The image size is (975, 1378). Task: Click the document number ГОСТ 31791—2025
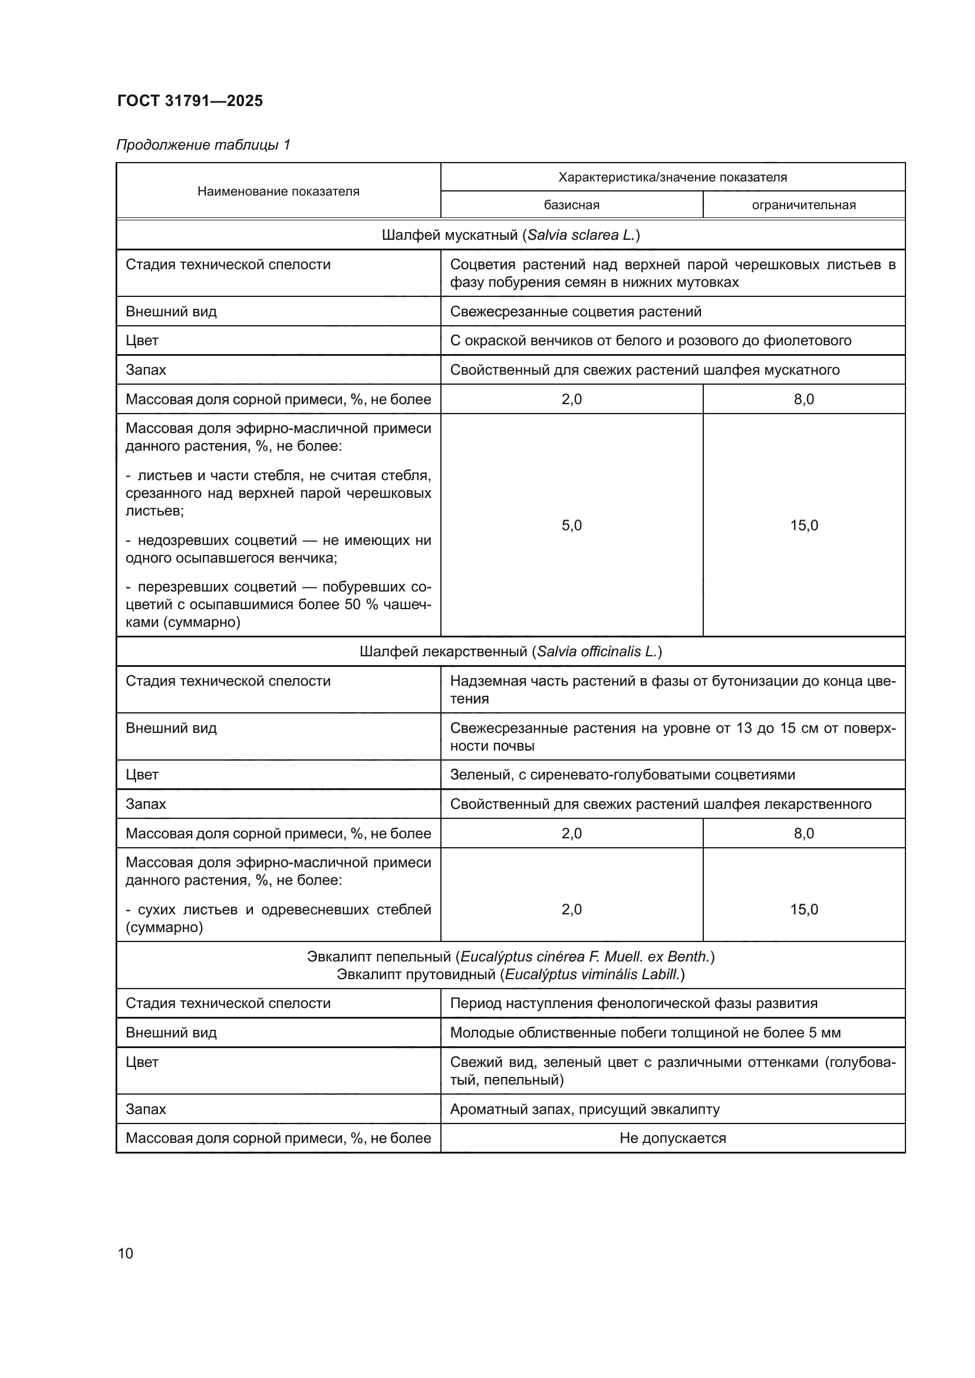coord(190,101)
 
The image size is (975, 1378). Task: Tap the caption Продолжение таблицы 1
coord(203,145)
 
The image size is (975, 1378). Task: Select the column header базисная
coord(571,205)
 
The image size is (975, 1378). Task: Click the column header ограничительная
coord(803,205)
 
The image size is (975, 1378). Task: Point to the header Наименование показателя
coord(278,191)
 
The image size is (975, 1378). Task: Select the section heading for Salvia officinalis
coord(510,652)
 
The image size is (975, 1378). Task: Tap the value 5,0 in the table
coord(571,526)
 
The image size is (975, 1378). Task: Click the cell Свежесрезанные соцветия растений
coord(575,312)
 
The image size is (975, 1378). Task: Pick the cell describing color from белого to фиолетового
coord(650,341)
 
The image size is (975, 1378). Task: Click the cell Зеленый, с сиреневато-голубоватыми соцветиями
coord(622,775)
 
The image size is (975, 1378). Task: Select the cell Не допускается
coord(673,1139)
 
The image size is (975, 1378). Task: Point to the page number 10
coord(126,1253)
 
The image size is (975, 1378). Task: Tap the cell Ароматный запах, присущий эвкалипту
coord(584,1109)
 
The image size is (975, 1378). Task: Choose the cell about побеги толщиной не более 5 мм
coord(645,1033)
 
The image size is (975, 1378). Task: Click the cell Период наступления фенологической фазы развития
coord(633,1003)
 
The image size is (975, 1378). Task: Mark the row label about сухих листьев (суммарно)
coord(278,918)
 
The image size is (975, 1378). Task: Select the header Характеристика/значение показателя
coord(673,177)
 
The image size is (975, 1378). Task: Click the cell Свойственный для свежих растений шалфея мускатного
coord(644,371)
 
